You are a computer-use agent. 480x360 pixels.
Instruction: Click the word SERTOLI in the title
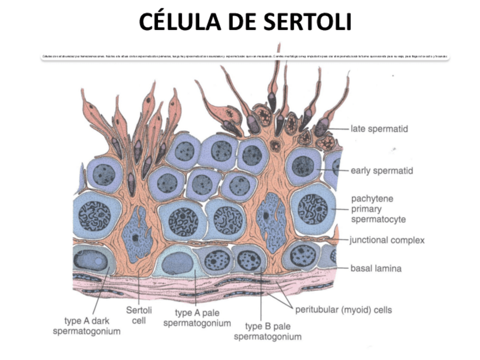[x=305, y=23]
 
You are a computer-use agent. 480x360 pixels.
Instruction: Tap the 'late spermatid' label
[x=379, y=129]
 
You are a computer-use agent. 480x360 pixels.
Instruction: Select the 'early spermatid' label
[x=382, y=170]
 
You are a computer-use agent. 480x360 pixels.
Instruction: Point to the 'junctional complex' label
[x=387, y=240]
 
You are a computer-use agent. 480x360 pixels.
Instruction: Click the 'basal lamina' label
[x=376, y=268]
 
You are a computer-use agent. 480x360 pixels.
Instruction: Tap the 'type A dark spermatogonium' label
[x=87, y=326]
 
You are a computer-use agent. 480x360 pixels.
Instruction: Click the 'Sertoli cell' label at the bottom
[x=139, y=315]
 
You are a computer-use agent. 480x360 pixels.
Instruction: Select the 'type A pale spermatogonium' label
[x=197, y=318]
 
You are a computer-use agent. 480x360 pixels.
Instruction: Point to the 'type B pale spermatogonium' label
[x=267, y=331]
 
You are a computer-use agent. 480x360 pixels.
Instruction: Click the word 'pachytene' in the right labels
[x=372, y=199]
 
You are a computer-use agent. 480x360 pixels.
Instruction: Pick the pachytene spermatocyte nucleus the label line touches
[x=311, y=211]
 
